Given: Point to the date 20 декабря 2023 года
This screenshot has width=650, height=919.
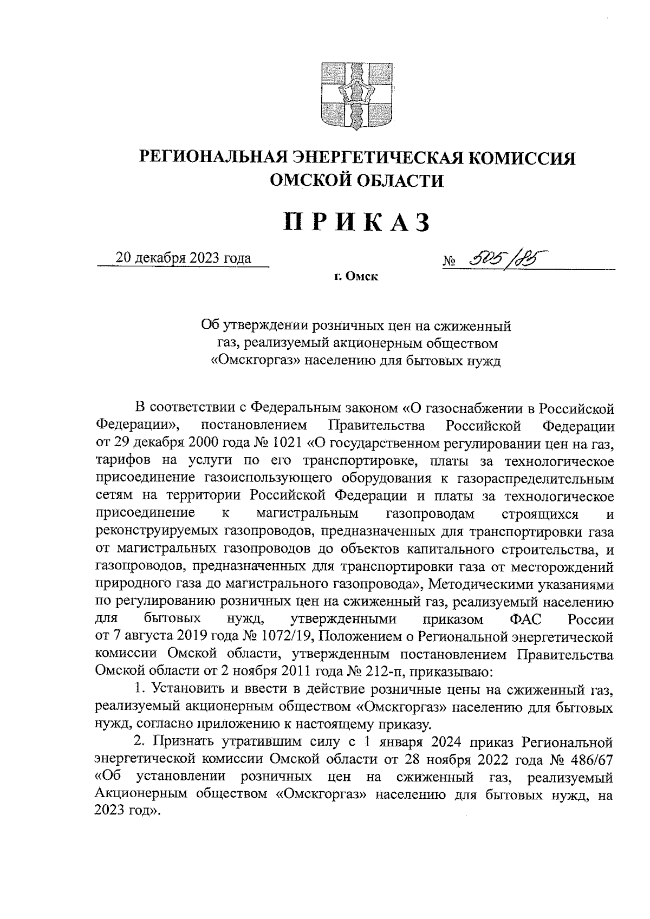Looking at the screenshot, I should coord(184,258).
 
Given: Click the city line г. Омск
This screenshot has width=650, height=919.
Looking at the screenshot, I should coord(355,277).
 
